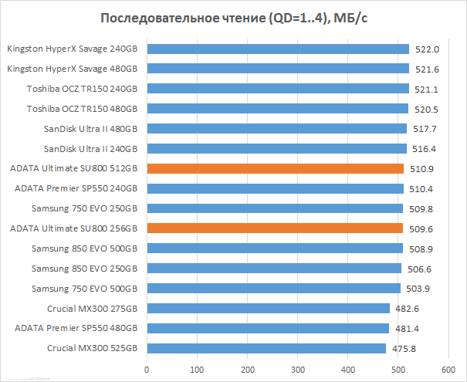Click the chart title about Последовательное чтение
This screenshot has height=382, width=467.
pyautogui.click(x=233, y=19)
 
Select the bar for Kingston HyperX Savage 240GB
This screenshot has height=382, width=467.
pyautogui.click(x=278, y=49)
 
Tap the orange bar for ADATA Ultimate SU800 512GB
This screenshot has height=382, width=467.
pyautogui.click(x=275, y=168)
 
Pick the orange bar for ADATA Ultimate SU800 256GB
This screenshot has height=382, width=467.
pyautogui.click(x=275, y=228)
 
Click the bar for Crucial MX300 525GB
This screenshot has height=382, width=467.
pyautogui.click(x=266, y=348)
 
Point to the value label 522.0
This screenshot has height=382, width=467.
pyautogui.click(x=427, y=49)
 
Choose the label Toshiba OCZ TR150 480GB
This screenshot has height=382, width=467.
pyautogui.click(x=82, y=109)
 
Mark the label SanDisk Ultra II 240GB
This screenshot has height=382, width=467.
pyautogui.click(x=90, y=148)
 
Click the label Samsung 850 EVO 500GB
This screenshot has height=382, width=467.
pyautogui.click(x=84, y=248)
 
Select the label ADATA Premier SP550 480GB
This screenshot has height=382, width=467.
pyautogui.click(x=76, y=328)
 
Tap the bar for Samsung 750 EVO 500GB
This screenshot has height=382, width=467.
pyautogui.click(x=273, y=288)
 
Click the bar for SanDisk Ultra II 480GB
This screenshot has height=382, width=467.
pyautogui.click(x=276, y=128)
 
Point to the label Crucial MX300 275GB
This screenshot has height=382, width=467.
pyautogui.click(x=92, y=308)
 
